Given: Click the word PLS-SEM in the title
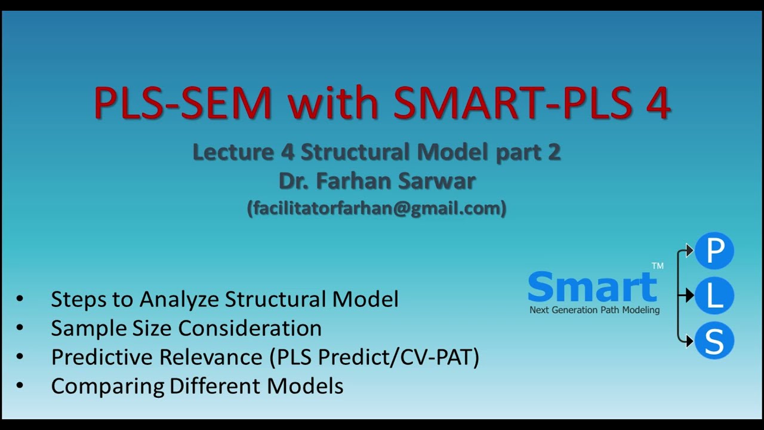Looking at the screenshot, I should pos(183,103).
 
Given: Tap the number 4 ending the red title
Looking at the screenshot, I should pos(657,103).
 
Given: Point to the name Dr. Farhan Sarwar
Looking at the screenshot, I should pos(377,180).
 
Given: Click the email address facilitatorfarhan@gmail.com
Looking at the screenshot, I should pos(377,208).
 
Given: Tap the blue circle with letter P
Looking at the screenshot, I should pos(714,251).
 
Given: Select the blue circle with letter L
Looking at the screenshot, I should pos(714,296).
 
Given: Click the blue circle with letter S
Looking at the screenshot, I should pos(714,341).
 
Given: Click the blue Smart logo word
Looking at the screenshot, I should pos(592,287).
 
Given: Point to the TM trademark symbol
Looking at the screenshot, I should pos(657,266).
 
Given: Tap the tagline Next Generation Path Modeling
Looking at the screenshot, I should pos(594,310).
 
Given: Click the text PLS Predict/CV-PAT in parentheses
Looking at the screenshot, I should pos(374,357).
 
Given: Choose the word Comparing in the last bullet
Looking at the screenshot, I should pos(108,386).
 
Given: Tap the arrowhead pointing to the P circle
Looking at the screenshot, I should pos(689,251).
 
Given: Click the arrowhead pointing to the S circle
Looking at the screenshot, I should pos(689,341).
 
